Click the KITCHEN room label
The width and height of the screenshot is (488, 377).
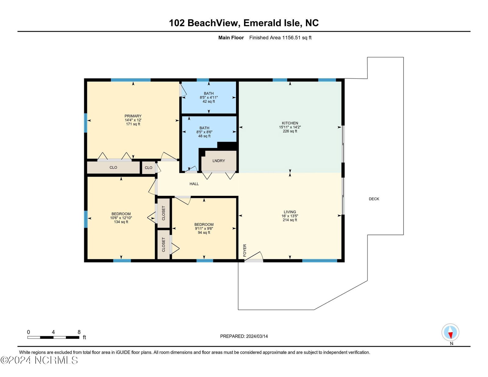pos(290,123)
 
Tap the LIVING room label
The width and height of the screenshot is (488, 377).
pos(290,212)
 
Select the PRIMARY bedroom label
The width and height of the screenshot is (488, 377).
pos(133,116)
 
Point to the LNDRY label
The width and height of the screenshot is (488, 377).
pos(218,161)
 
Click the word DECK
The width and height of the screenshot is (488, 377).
pos(374,199)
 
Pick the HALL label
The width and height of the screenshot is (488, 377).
pos(194,184)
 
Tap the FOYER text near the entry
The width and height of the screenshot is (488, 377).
pos(245,250)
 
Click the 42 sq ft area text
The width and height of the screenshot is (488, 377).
pos(209,102)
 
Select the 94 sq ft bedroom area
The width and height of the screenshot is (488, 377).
pos(204,233)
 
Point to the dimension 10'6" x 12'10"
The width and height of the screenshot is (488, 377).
pos(121,218)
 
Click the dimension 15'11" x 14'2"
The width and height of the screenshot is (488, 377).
pos(290,127)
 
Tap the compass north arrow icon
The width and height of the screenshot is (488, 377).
pos(450,332)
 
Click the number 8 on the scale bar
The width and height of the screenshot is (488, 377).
pos(79,332)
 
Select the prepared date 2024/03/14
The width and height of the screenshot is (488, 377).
pos(257,336)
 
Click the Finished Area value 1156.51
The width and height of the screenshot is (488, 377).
pos(291,38)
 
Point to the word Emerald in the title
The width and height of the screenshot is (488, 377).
pos(260,23)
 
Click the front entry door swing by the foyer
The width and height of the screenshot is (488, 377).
pos(254,257)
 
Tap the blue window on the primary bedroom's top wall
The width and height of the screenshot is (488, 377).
pos(131,80)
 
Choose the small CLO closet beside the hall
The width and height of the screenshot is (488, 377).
pos(149,168)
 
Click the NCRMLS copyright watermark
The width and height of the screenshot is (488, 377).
pos(39,361)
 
